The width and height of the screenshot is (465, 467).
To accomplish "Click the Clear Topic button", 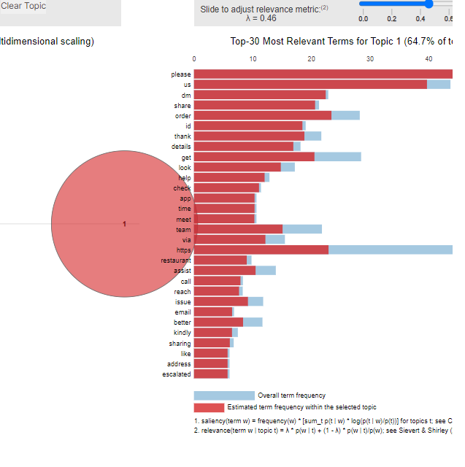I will point(23,7).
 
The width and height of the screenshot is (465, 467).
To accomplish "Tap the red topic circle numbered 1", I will point(124,224).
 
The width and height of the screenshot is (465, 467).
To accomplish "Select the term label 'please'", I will point(181,74).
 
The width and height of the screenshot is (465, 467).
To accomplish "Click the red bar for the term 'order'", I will point(263,115).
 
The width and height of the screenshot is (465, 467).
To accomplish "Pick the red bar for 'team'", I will point(238,229).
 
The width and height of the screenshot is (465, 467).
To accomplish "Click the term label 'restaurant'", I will point(176,260).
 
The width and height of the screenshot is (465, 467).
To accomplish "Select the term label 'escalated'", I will point(177,374).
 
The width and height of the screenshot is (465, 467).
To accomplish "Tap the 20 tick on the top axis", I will point(312,58).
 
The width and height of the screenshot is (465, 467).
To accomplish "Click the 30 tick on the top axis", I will point(370,58).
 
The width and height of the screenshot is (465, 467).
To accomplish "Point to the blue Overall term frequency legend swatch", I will point(224,395).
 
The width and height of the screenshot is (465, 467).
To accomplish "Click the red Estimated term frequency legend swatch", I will point(209,407).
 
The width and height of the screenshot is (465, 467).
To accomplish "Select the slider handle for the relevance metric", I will point(429,4).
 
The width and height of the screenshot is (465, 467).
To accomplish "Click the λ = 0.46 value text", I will point(263,19).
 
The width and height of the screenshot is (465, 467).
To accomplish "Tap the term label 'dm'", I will point(186,95).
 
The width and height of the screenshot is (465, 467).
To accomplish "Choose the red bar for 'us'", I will point(310,85).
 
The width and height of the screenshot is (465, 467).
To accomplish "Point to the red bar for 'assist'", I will point(225,271).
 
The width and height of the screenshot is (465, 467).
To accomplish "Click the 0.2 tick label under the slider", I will point(392,19).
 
